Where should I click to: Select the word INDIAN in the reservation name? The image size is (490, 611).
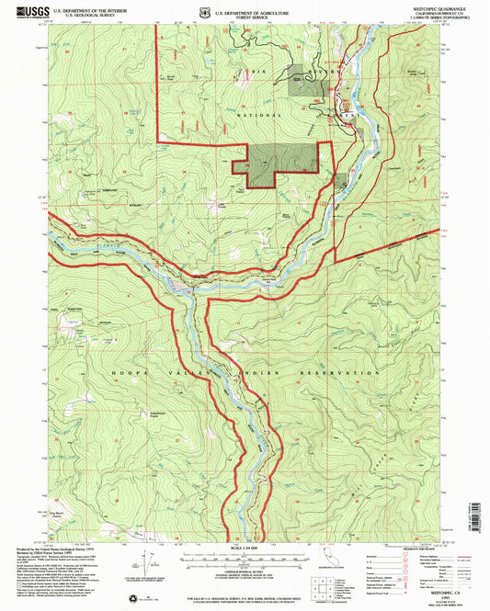point(245,373)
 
